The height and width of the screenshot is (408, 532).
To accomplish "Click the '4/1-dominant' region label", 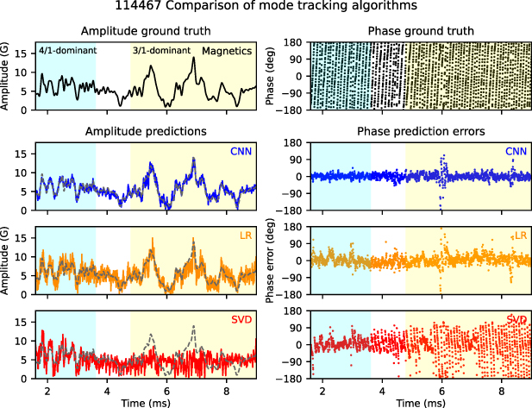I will [x=67, y=51].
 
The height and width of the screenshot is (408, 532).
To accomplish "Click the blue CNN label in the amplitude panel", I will [x=241, y=153].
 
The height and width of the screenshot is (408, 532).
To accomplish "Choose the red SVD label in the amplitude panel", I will [x=241, y=319].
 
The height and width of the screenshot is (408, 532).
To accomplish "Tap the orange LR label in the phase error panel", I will [x=520, y=235].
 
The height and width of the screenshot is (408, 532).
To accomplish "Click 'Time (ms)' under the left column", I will [x=146, y=402].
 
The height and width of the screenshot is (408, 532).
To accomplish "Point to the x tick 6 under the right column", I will [x=441, y=390].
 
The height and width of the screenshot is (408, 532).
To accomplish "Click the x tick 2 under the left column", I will [x=48, y=390].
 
